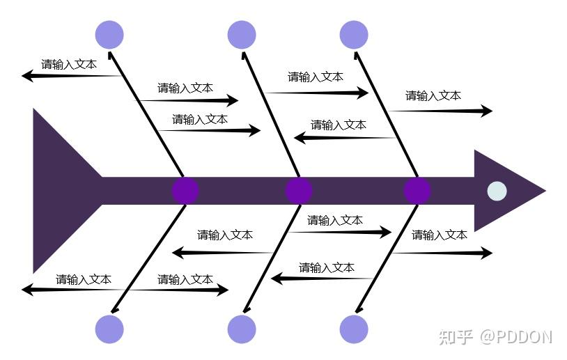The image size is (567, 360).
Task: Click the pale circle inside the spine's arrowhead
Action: pos(497,191)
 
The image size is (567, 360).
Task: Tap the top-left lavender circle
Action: pos(109,35)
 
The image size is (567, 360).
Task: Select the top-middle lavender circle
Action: pos(242,35)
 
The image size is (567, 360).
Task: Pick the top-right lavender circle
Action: pos(354,35)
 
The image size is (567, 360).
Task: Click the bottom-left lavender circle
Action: pos(109,329)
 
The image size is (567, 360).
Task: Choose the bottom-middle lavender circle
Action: pos(242,329)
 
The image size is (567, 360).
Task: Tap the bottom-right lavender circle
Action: pos(354,329)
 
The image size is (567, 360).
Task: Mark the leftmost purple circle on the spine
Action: pos(185,191)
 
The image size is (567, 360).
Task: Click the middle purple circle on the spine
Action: pos(299,191)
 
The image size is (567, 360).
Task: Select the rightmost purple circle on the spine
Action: pos(417,191)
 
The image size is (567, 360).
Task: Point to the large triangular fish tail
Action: pos(59,190)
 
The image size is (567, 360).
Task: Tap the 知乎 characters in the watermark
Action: pos(456,337)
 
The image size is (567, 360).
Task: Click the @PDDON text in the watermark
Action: pos(515,337)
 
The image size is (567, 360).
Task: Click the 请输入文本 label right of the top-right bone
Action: pos(433,96)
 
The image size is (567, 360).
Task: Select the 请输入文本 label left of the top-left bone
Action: pos(69,65)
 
